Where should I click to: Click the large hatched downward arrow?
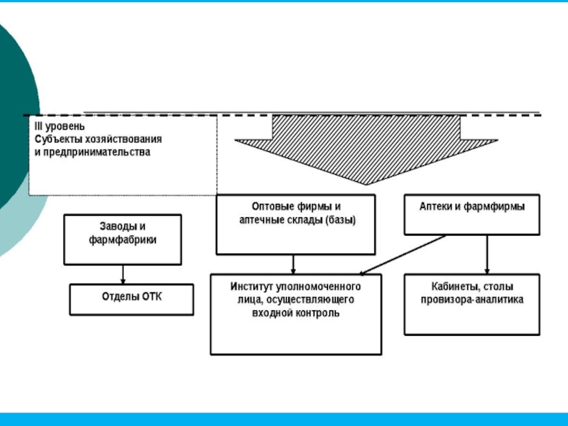(x=366, y=146)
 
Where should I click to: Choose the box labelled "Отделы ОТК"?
(x=131, y=299)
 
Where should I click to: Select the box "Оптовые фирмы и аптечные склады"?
(x=295, y=224)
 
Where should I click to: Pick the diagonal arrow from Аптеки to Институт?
(x=401, y=254)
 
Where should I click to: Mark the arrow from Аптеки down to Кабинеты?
(x=486, y=254)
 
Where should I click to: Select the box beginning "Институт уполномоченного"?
(x=295, y=314)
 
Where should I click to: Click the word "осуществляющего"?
(x=315, y=300)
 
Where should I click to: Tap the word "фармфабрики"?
(x=122, y=240)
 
